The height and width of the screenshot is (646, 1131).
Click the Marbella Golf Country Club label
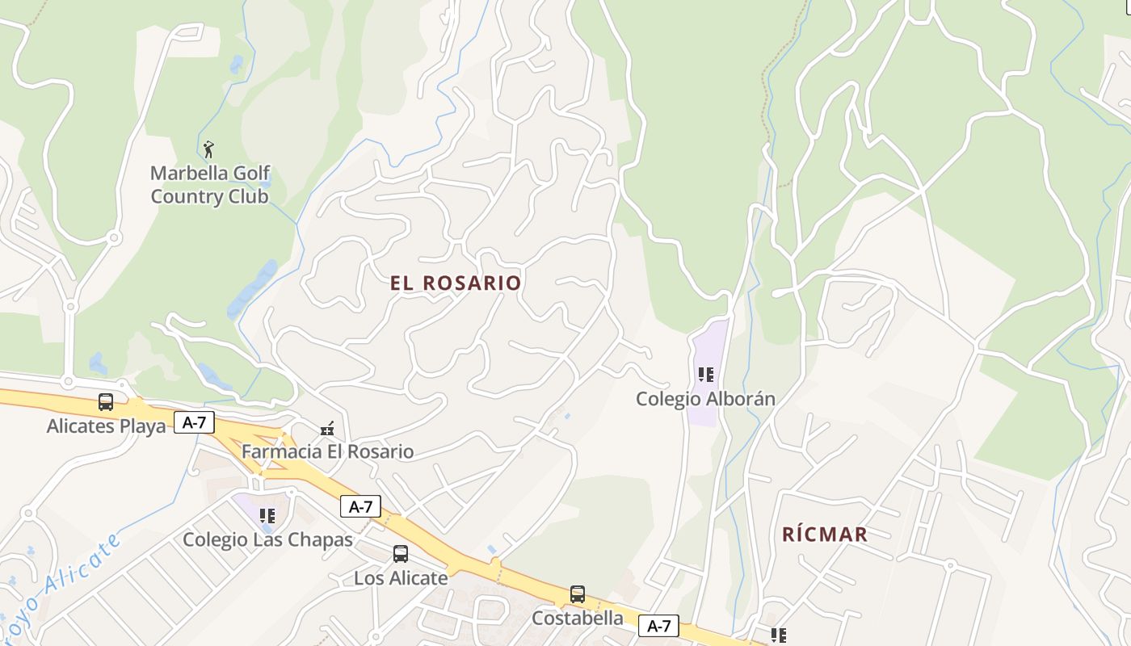(210, 185)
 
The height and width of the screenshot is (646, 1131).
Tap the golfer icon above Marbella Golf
(208, 149)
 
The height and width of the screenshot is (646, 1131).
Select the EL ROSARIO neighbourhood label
(456, 283)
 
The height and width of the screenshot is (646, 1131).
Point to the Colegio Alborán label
(705, 399)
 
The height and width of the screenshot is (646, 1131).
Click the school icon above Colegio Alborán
(706, 375)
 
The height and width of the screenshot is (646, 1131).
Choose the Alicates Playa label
(106, 426)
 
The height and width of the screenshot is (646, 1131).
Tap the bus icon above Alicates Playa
(106, 401)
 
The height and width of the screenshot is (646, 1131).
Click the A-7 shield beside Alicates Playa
(194, 422)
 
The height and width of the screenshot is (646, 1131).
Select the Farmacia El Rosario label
(327, 451)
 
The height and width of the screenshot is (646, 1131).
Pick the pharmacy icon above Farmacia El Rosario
(327, 428)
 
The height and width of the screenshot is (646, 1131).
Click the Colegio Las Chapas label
(267, 539)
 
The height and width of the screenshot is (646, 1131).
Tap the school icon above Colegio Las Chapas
(267, 515)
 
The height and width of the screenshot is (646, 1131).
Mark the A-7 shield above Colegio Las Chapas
(360, 507)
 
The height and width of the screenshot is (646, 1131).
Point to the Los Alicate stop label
(401, 578)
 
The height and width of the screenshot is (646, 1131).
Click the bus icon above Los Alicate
(401, 554)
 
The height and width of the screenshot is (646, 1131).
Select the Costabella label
(578, 619)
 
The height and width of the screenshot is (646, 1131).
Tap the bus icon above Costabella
(578, 594)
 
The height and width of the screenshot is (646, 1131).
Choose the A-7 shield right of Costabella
(658, 626)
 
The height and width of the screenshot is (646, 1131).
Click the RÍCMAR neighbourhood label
(825, 534)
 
